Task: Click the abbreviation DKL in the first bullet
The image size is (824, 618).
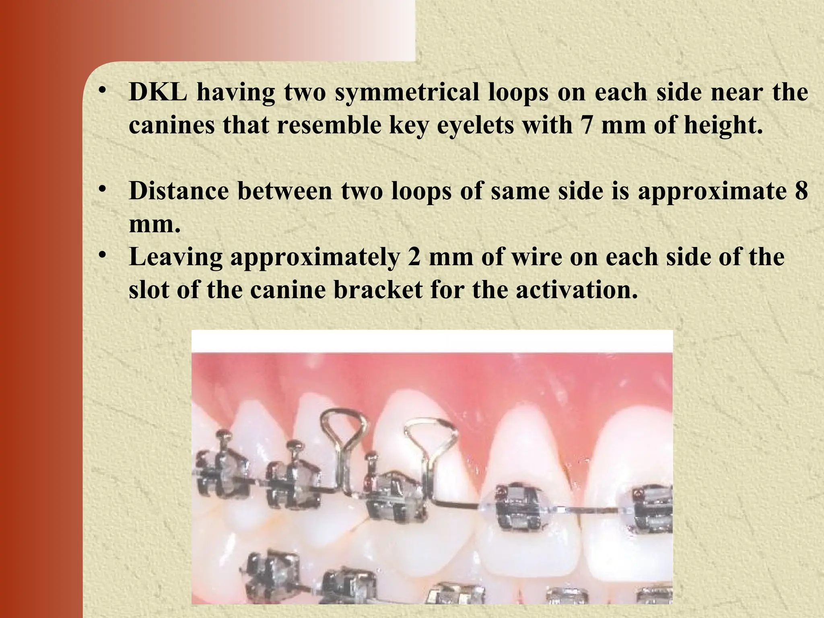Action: (158, 92)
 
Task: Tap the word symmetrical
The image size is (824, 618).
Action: (407, 92)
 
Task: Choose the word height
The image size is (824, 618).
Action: (723, 125)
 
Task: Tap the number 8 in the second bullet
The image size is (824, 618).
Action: (801, 191)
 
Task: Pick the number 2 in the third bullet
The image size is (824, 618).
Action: (414, 257)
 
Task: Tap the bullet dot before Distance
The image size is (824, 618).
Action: (103, 188)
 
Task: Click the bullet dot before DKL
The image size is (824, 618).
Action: (103, 89)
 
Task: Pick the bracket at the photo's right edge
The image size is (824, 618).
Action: (652, 509)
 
